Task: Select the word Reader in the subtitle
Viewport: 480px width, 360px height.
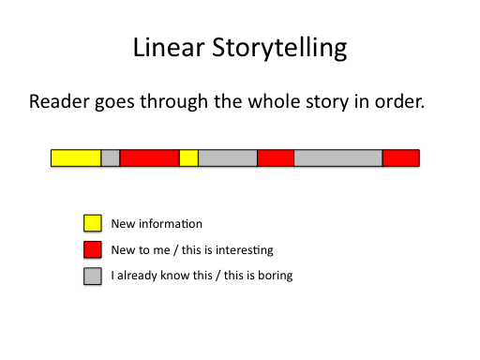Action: [59, 101]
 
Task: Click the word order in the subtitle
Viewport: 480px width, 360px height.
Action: [400, 101]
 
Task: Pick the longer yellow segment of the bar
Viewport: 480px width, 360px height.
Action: [76, 158]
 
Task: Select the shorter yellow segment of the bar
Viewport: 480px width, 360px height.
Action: [188, 158]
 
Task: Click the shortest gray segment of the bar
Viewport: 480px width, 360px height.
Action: [111, 158]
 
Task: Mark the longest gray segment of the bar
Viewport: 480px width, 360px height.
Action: [338, 158]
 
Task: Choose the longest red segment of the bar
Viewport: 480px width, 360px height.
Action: [149, 158]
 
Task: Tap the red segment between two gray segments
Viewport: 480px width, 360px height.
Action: [276, 158]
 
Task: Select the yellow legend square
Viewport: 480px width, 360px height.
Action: [93, 223]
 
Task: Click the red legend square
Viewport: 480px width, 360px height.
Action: [93, 249]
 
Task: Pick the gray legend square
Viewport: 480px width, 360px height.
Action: [93, 276]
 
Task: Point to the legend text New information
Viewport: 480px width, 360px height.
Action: [157, 223]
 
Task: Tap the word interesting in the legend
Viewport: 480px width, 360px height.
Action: [245, 250]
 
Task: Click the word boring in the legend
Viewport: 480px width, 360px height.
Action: [276, 277]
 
